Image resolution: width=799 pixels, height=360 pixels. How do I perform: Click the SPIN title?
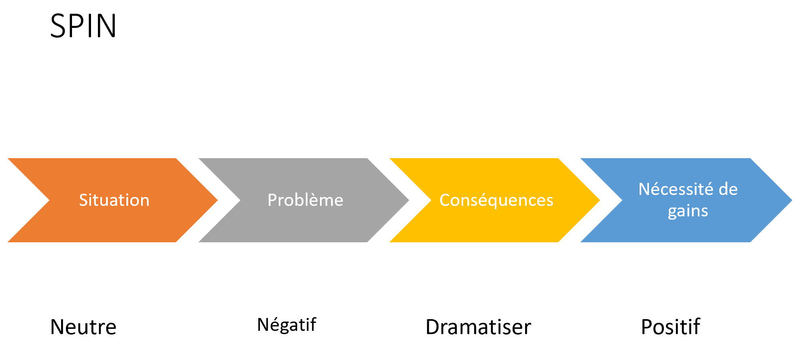click(x=83, y=26)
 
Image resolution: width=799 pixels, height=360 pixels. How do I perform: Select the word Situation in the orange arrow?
click(x=114, y=200)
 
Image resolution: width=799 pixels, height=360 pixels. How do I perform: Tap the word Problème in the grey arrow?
click(x=305, y=200)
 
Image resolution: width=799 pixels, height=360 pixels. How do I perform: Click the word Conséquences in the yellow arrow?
click(x=496, y=200)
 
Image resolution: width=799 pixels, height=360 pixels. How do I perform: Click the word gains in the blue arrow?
click(x=688, y=211)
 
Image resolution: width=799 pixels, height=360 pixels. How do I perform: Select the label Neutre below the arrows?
click(x=83, y=327)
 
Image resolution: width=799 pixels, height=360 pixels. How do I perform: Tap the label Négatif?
click(x=286, y=325)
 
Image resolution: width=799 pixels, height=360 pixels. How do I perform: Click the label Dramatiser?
click(x=478, y=327)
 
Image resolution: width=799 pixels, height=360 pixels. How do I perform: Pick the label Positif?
click(x=670, y=327)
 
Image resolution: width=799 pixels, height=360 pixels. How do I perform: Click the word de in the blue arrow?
click(x=728, y=189)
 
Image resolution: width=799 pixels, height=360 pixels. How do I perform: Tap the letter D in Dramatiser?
click(x=433, y=327)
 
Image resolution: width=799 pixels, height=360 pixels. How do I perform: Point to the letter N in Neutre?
click(x=57, y=327)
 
